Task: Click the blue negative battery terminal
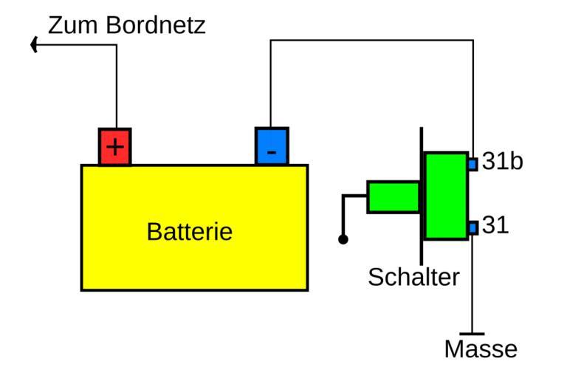pos(272,145)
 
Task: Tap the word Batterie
pos(190,232)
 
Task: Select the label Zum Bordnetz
pos(126,25)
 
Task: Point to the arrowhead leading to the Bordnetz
pos(35,45)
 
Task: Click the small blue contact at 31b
pos(472,163)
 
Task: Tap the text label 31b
pos(502,162)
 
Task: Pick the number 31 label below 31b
pos(495,226)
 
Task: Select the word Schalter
pos(413,277)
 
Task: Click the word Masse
pos(481,349)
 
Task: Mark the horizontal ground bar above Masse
pos(472,334)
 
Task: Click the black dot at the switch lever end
pos(343,239)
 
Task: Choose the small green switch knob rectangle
pos(393,197)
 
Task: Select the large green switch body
pos(446,196)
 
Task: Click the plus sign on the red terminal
pos(114,148)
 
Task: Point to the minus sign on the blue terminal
pos(272,153)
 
